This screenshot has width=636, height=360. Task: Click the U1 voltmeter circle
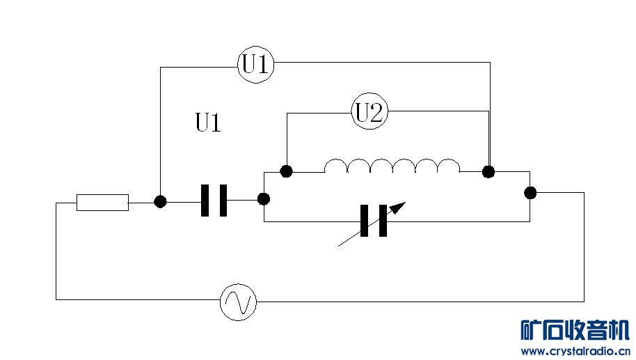[255, 65]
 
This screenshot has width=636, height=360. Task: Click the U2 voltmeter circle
[369, 112]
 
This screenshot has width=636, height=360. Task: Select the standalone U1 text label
[208, 124]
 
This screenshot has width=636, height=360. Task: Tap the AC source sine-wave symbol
[239, 302]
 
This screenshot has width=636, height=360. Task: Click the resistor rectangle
[102, 202]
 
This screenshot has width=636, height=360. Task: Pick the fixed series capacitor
[214, 201]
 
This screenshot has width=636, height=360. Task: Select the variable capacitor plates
[374, 221]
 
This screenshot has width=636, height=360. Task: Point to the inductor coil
[392, 166]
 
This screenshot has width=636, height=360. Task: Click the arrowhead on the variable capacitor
[398, 206]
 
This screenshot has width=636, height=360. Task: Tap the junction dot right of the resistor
[160, 201]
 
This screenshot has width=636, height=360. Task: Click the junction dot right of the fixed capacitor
[264, 199]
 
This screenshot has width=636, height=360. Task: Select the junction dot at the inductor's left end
[285, 171]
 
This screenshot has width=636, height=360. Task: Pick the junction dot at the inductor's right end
[489, 171]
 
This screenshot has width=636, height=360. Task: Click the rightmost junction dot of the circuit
[530, 192]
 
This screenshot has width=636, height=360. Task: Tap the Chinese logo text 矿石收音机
[575, 329]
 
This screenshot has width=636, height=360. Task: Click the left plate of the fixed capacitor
[205, 201]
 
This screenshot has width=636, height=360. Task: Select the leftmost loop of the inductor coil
[336, 166]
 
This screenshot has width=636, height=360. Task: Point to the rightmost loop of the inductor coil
[448, 166]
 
